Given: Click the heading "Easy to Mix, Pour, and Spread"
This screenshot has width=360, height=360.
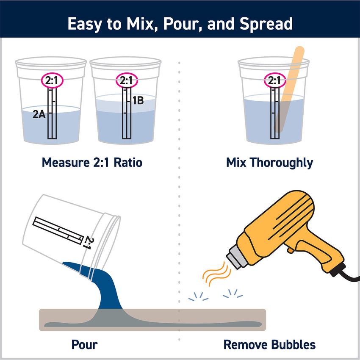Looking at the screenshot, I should [180, 24].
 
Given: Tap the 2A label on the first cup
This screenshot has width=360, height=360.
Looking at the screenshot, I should [39, 114].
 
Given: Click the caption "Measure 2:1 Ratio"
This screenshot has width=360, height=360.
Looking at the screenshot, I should [91, 162].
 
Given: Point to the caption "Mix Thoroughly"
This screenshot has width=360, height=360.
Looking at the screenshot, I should [270, 162].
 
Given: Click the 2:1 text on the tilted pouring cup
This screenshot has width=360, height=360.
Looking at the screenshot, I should [89, 242].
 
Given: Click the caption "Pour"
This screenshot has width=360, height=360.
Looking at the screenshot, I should [84, 344].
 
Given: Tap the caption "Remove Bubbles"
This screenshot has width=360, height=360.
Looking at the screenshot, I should [269, 344].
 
